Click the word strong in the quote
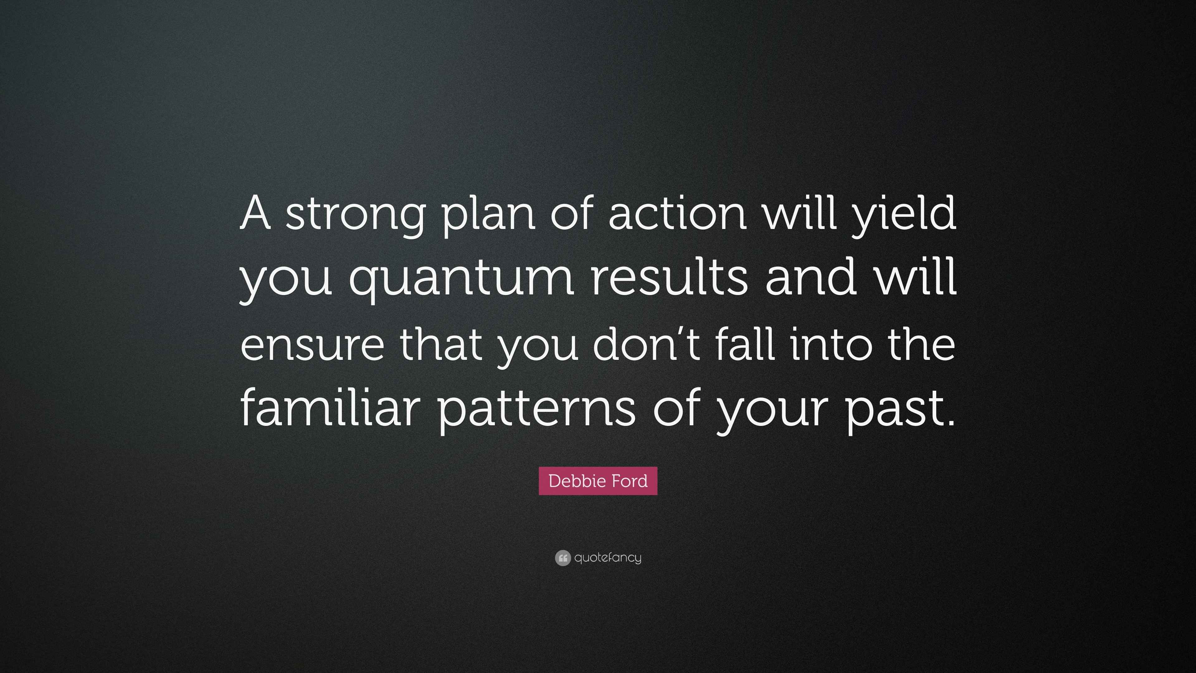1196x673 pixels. tap(355, 214)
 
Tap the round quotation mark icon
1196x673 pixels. tap(562, 558)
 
